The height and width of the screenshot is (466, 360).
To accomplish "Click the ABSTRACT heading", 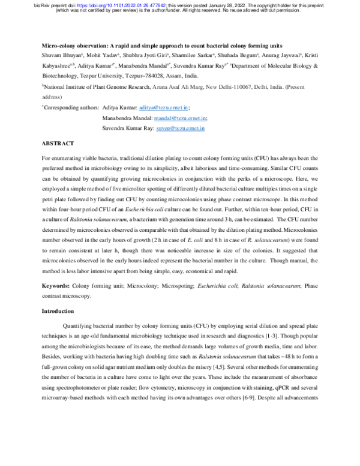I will (58, 144).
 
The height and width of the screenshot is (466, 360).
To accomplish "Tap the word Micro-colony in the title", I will (59, 45).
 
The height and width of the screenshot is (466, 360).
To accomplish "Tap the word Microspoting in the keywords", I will (164, 288).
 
